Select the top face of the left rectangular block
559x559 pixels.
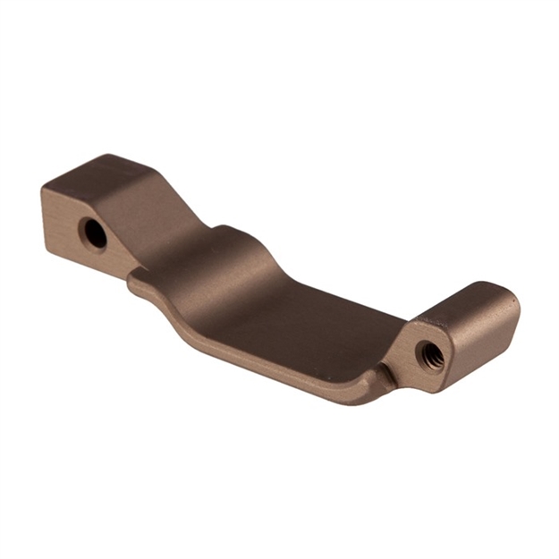pyautogui.click(x=107, y=172)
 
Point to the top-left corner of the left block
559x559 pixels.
pyautogui.click(x=43, y=189)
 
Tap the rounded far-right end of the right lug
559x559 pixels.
pyautogui.click(x=512, y=313)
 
